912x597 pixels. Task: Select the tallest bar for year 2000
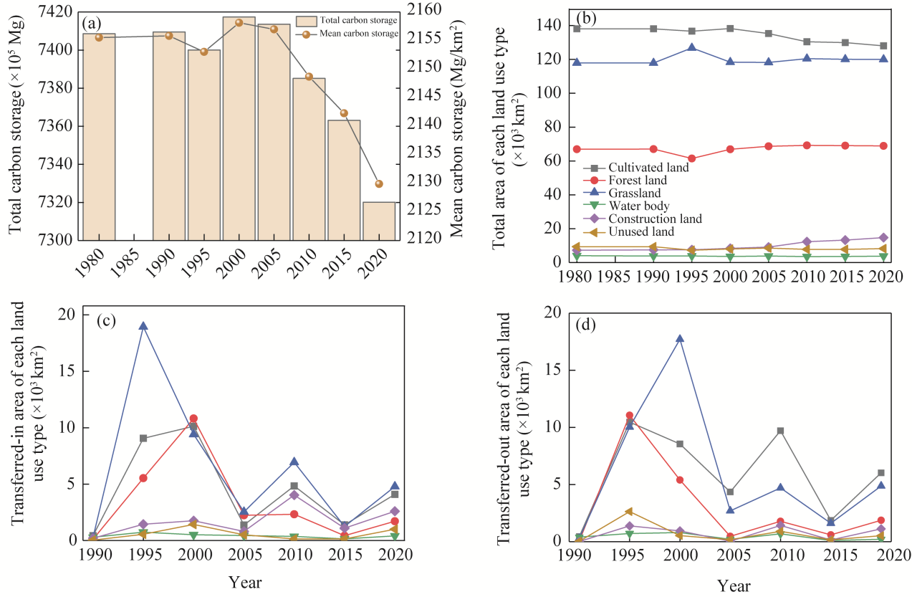click(239, 129)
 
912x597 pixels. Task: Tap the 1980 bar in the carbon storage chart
click(99, 136)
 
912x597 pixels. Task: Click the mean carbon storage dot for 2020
click(379, 184)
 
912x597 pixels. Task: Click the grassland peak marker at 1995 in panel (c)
click(143, 326)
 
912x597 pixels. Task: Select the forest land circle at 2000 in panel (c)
click(193, 418)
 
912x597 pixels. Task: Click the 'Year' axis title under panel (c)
click(245, 582)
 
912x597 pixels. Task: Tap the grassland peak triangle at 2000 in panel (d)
click(679, 339)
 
